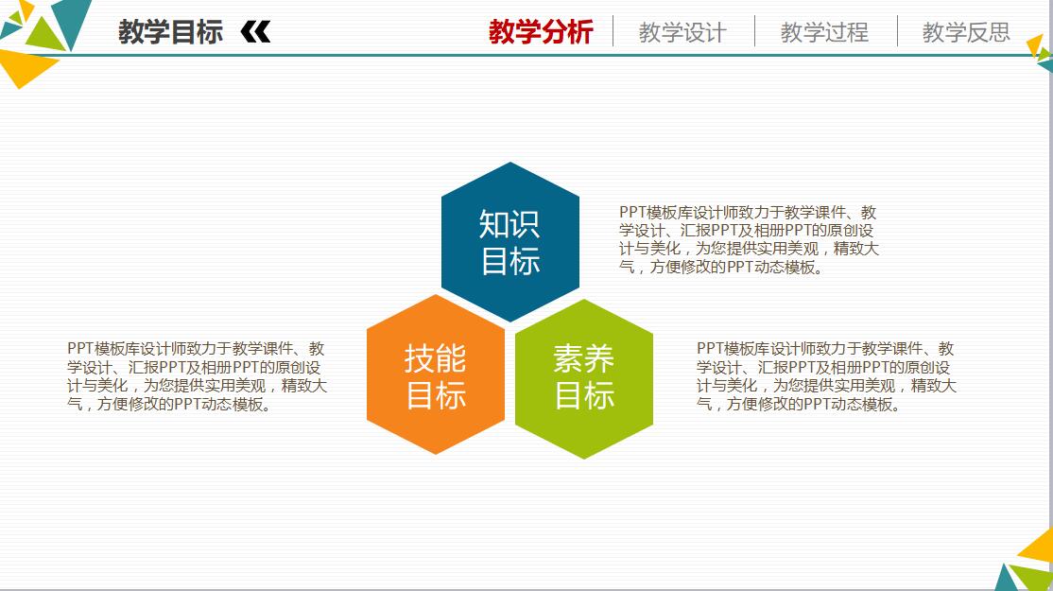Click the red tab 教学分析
(541, 31)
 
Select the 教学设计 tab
(682, 32)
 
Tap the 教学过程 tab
(824, 32)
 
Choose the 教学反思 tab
(966, 32)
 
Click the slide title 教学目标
(170, 31)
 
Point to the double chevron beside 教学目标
(255, 31)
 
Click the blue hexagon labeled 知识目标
(510, 242)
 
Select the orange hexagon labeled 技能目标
(436, 374)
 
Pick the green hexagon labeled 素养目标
(584, 379)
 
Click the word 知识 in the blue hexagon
(509, 224)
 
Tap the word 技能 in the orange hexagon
(435, 358)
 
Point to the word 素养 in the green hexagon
(583, 358)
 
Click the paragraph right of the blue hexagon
(749, 240)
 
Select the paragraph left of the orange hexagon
(197, 376)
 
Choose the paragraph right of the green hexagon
(826, 376)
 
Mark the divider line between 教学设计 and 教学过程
(755, 31)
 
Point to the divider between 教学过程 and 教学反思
(897, 31)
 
